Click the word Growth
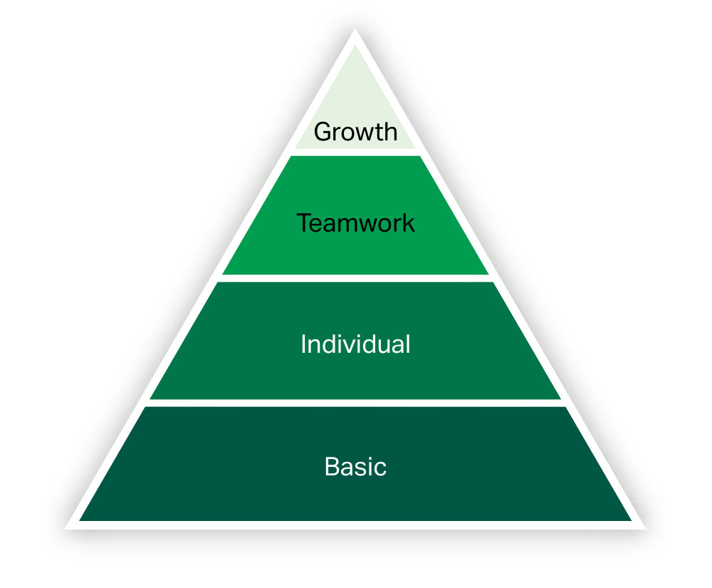click(x=355, y=133)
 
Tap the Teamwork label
click(x=355, y=222)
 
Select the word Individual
click(x=355, y=344)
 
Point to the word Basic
click(x=355, y=467)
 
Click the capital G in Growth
click(x=323, y=132)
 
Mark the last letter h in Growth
click(x=391, y=132)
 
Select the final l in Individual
click(x=408, y=344)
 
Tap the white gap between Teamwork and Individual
click(x=355, y=278)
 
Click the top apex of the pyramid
click(x=355, y=29)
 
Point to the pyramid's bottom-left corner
click(x=66, y=528)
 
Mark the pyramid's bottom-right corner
click(x=645, y=528)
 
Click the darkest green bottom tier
click(x=355, y=463)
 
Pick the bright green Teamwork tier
click(x=355, y=215)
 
